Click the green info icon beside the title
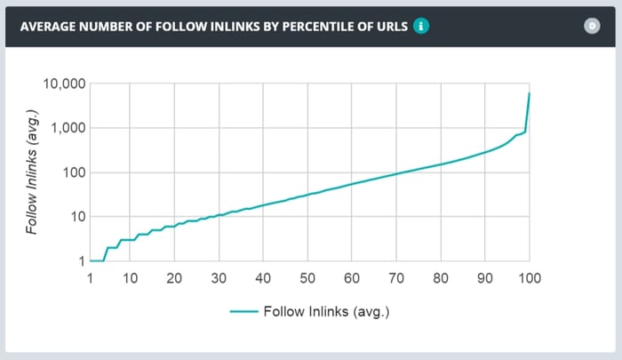point(422,27)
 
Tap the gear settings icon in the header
point(593,26)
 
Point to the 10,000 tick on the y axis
point(63,84)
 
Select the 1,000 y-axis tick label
point(67,128)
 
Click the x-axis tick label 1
point(90,278)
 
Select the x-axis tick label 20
point(174,278)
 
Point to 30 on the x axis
point(219,278)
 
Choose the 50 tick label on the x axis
point(307,278)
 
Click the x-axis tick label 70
point(396,278)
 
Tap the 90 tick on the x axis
point(485,278)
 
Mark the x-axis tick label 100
point(530,278)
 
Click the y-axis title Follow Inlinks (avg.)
point(32,173)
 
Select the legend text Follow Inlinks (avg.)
point(327,312)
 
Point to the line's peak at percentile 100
point(530,93)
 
